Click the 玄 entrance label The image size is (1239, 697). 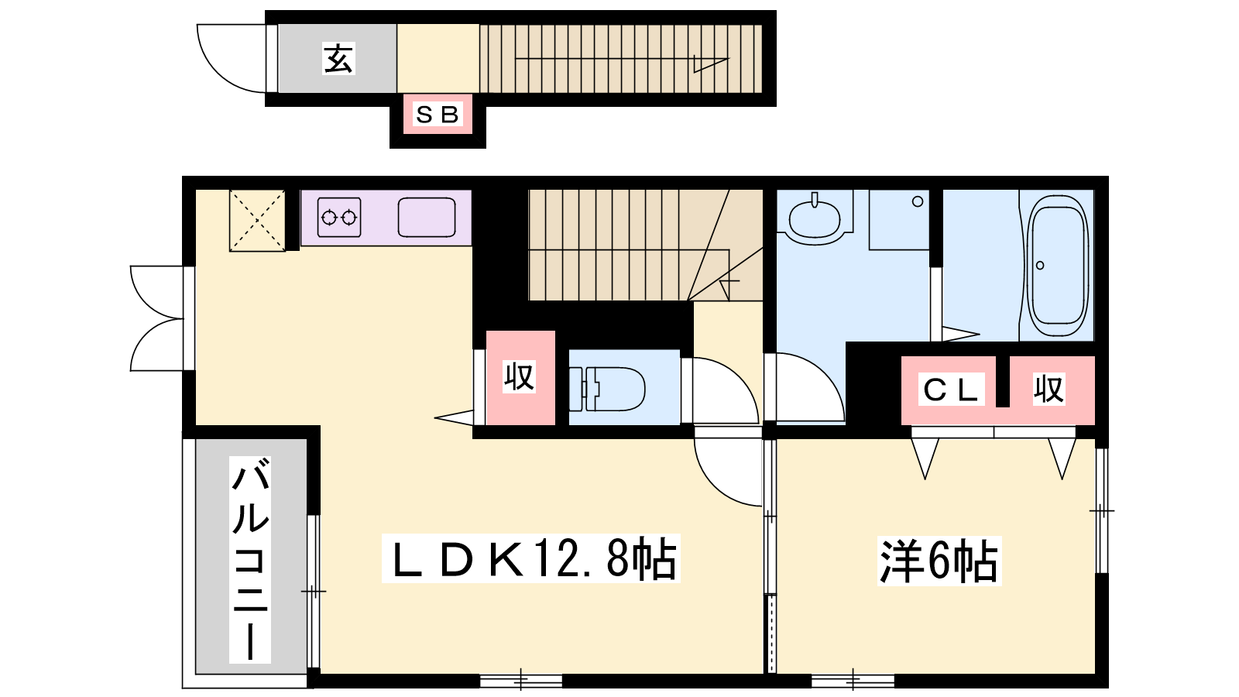click(x=338, y=59)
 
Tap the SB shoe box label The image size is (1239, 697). click(x=437, y=115)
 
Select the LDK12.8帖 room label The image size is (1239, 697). click(x=531, y=558)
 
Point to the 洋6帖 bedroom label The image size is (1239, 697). click(x=939, y=561)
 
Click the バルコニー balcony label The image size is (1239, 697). click(x=250, y=559)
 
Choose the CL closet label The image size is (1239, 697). click(x=951, y=390)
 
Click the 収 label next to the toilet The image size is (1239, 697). click(x=519, y=376)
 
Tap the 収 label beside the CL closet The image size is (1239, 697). click(x=1049, y=389)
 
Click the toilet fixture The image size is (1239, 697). click(x=607, y=388)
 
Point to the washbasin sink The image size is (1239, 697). click(x=815, y=218)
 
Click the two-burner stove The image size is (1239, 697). click(x=339, y=218)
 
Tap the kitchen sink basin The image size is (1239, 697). click(x=427, y=218)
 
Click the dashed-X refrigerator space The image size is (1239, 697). click(x=257, y=221)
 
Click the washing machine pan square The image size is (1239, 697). click(x=899, y=220)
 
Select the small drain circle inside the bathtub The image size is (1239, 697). click(x=1040, y=266)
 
